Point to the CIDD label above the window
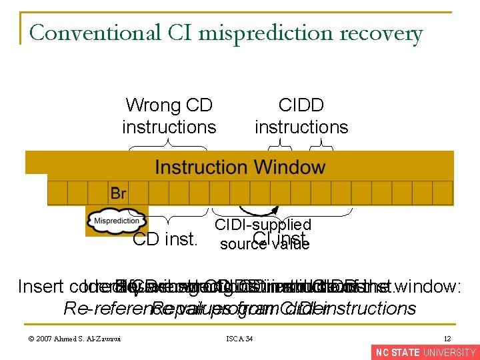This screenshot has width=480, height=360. (301, 105)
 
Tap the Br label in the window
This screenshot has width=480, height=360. (118, 193)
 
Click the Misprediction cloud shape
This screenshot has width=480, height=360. (117, 221)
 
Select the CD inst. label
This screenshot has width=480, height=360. (165, 239)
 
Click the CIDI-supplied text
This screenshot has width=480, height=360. (262, 225)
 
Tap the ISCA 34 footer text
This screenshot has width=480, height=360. (240, 339)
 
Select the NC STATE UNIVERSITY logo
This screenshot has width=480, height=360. (425, 353)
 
